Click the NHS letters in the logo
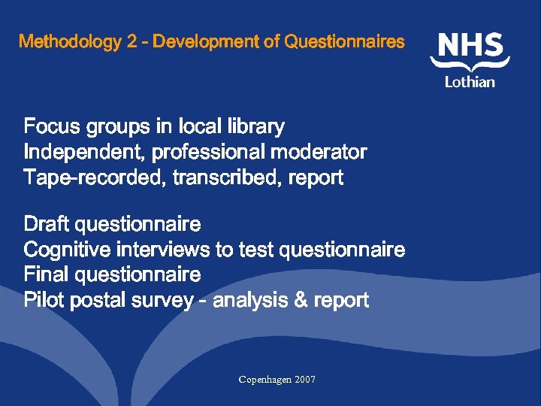pos(471,47)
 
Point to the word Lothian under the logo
pos(470,81)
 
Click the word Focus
pos(51,126)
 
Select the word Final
pos(47,274)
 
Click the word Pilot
pos(44,301)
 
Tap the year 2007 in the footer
pos(306,380)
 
